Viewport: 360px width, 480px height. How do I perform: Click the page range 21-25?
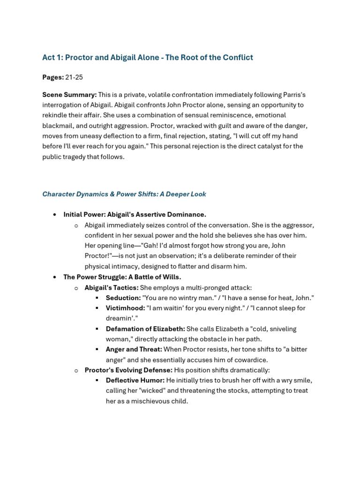coord(74,77)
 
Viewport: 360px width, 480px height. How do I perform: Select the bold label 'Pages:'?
coord(53,77)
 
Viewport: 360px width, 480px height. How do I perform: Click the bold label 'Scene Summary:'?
coord(69,95)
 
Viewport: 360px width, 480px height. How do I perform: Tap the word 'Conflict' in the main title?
coord(238,58)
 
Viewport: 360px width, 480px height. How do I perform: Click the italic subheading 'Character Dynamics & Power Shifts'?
coord(124,194)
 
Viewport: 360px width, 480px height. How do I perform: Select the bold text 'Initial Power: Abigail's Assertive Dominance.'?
coord(135,215)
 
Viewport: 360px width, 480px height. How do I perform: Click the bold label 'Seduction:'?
coord(123,298)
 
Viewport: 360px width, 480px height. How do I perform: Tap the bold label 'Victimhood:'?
coord(125,308)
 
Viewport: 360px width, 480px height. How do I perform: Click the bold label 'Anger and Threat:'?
coord(134,350)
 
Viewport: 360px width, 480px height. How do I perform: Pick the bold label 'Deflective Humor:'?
coord(135,381)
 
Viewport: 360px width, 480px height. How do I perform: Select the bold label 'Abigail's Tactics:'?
coord(111,288)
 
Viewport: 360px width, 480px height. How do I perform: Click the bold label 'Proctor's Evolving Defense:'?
coord(128,370)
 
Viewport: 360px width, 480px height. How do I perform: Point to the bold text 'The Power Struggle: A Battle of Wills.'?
coord(122,277)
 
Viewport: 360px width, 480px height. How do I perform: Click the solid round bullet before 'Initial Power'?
coord(55,215)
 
